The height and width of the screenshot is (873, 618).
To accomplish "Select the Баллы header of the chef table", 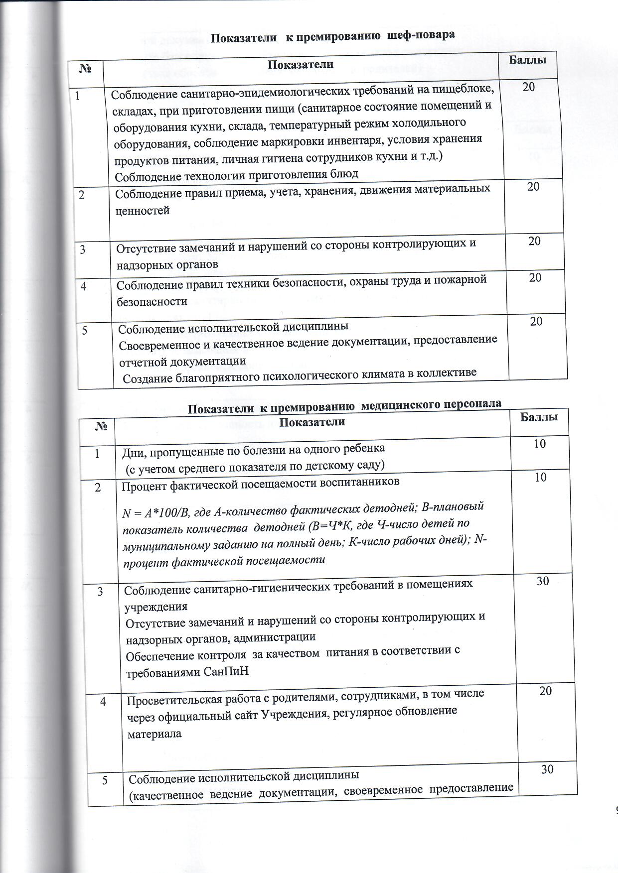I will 527,60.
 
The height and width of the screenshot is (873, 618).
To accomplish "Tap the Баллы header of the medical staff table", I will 539,416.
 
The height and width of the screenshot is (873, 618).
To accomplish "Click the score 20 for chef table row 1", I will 529,87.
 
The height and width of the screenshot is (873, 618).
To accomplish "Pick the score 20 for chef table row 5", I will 536,321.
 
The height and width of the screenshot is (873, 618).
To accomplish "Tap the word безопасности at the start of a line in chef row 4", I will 152,301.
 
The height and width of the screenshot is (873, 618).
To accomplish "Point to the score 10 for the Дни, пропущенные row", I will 540,443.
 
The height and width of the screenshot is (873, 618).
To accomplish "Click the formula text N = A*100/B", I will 155,513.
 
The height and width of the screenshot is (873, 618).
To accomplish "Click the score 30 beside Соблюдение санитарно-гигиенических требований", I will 543,580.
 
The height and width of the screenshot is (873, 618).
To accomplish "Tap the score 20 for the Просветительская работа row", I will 546,691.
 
